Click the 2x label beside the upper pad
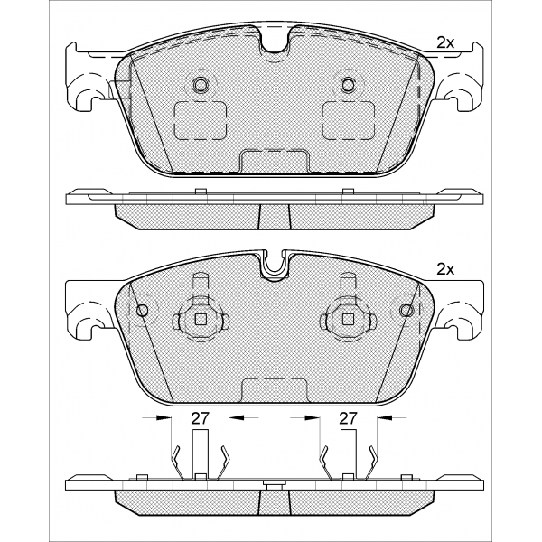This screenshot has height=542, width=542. pos(445,42)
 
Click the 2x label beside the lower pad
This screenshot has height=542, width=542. pos(445,269)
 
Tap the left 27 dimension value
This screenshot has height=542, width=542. pos(201,418)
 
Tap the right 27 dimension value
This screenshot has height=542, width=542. pos(348,418)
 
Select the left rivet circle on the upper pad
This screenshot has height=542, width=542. pos(201,84)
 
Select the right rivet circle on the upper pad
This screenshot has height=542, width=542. pos(348,84)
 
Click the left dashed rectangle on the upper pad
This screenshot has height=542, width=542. pos(201,120)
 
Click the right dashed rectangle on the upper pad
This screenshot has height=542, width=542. pos(349,120)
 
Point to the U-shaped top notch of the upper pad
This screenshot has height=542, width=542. pos(275,40)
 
